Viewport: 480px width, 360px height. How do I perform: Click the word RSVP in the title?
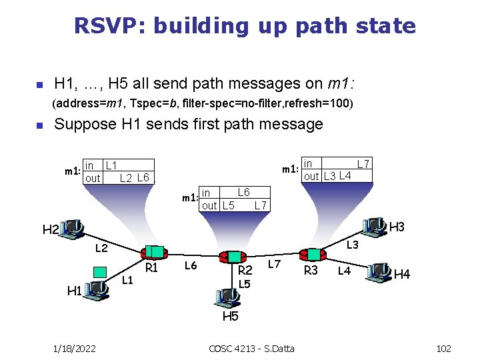(109, 26)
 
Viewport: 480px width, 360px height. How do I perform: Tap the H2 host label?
(51, 231)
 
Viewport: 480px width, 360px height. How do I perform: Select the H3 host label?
(397, 227)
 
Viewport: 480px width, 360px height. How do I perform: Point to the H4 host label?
(402, 273)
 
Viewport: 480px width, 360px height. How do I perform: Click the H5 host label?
(230, 316)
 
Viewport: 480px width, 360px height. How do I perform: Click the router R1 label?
(151, 268)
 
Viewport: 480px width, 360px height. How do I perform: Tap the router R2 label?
(245, 270)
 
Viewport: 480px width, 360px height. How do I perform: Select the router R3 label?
(311, 270)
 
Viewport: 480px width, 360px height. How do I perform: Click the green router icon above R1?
(154, 252)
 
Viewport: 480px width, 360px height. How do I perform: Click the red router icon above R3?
(311, 254)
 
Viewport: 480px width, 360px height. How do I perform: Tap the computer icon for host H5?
(227, 295)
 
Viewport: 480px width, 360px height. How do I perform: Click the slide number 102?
(442, 349)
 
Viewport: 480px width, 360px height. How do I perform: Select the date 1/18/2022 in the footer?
(74, 349)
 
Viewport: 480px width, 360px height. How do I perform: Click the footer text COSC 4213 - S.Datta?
(251, 349)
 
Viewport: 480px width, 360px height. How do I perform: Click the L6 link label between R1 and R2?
(191, 265)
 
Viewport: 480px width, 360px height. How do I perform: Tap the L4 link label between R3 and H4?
(344, 270)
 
